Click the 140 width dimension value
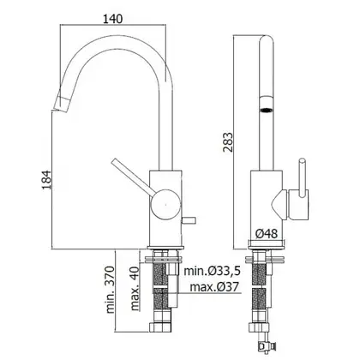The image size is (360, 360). point(112,19)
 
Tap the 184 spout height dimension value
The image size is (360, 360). point(47,180)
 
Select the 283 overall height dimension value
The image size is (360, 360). point(228,142)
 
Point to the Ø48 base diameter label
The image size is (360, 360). point(267,234)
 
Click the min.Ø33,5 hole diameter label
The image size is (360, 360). point(212,271)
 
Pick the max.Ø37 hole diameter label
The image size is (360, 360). point(214,286)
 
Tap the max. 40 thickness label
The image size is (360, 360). point(135,289)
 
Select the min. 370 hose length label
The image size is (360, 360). point(110,290)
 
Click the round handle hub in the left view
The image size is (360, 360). point(165,205)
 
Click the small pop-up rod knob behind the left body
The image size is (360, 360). point(189,220)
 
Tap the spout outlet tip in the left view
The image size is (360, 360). point(62,104)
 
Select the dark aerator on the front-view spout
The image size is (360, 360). point(266,110)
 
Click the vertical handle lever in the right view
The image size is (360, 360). point(302,177)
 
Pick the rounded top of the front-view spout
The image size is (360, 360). point(267,40)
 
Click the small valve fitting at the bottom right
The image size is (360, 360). point(264,345)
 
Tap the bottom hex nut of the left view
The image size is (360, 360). point(160,327)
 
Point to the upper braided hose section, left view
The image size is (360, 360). point(159,274)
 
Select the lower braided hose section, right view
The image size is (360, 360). point(259,299)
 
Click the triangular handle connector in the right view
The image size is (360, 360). point(279,205)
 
